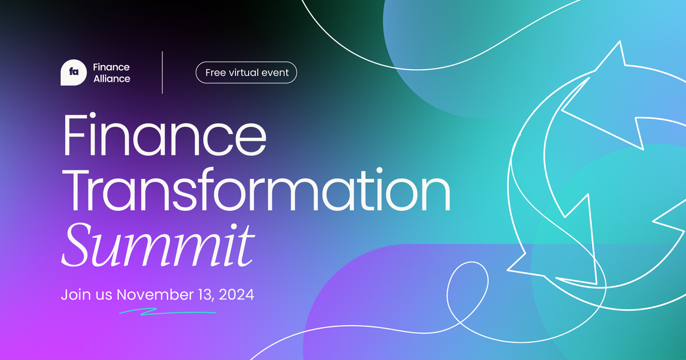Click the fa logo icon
[74, 73]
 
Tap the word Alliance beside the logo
[112, 79]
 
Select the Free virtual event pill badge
[246, 73]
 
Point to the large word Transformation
[257, 190]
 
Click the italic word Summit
[158, 245]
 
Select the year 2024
[237, 294]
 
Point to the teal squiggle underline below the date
[167, 312]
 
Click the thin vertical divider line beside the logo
[162, 72]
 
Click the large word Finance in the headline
[165, 135]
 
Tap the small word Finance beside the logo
[111, 67]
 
